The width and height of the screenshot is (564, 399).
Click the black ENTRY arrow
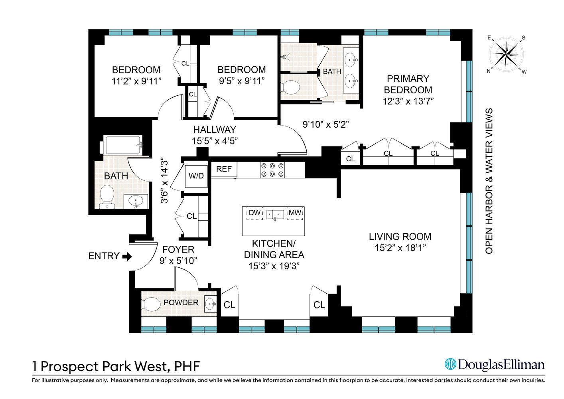coord(127,256)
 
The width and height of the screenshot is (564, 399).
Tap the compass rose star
coord(506,54)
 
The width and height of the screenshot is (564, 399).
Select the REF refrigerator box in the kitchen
coord(224,169)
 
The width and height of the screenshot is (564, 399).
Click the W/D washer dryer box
coord(196,176)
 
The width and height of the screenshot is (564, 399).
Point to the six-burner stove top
coord(272,170)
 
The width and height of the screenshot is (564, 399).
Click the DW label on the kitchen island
coord(254,213)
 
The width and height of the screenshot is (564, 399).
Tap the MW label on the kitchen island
coord(295,213)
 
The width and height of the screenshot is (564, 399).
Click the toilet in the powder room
coord(151,304)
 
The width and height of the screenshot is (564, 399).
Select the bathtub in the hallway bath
coord(123,145)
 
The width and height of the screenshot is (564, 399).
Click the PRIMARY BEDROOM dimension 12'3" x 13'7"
coord(408,101)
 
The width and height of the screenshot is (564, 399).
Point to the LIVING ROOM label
coord(400,237)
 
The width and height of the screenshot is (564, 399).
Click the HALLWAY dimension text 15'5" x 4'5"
coord(215,141)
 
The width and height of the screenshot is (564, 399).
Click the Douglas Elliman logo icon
coord(450,364)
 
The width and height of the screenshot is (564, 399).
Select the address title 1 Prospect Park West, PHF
coord(116,366)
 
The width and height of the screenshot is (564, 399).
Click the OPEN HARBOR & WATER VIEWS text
coord(489,181)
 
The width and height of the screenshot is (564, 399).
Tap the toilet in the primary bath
coord(290,87)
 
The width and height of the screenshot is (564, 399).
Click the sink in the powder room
coord(210,304)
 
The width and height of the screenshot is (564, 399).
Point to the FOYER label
coord(178,250)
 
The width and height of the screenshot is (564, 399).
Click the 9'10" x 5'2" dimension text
coord(325,124)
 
